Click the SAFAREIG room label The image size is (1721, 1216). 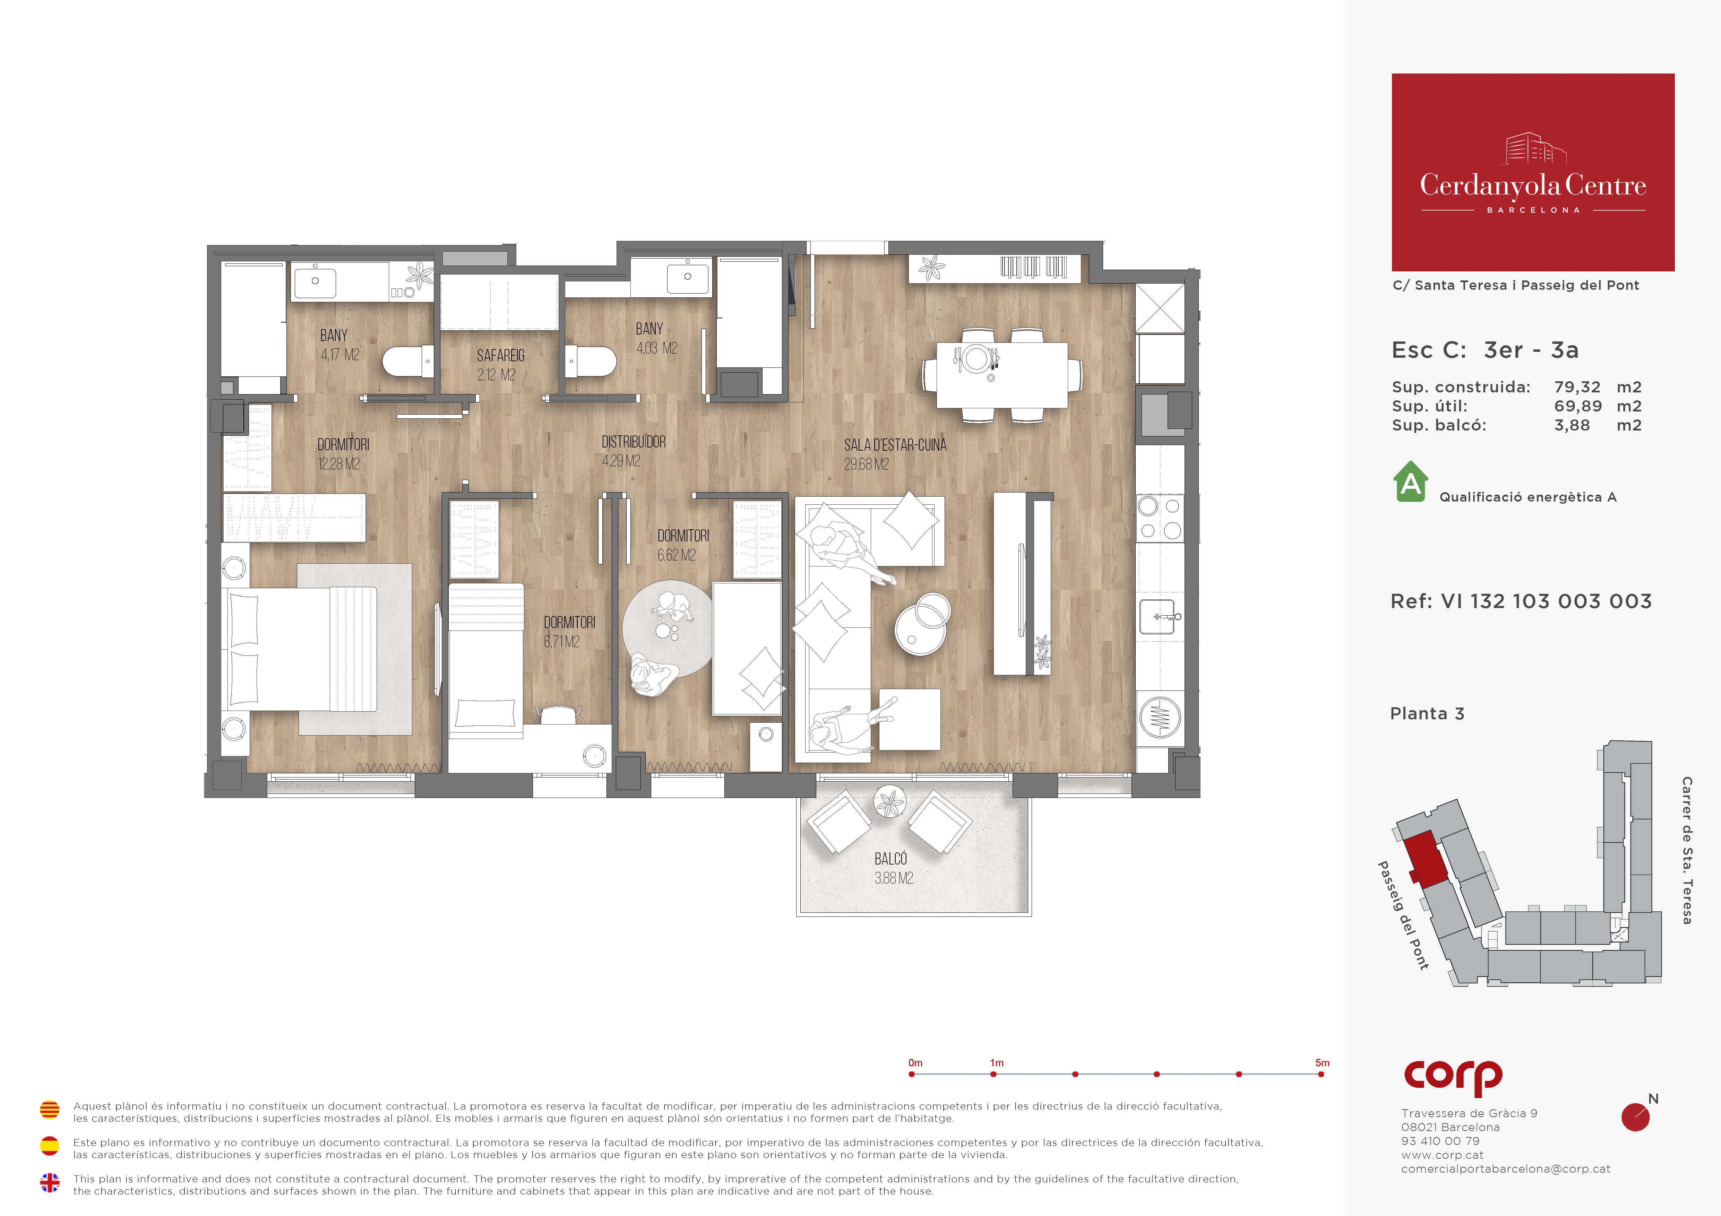pos(501,356)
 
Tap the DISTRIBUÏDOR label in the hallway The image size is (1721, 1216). pos(634,442)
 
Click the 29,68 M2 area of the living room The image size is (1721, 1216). pos(867,464)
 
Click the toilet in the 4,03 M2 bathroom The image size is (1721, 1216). pos(591,361)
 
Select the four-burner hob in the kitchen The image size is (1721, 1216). pos(1160,518)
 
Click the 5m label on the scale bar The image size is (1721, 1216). pos(1322,1062)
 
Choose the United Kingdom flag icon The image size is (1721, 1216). pos(50,1182)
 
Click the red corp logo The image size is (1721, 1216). pos(1453,1077)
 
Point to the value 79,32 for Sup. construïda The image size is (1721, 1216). pos(1577,387)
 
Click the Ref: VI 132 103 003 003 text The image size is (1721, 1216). pos(1521,602)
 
